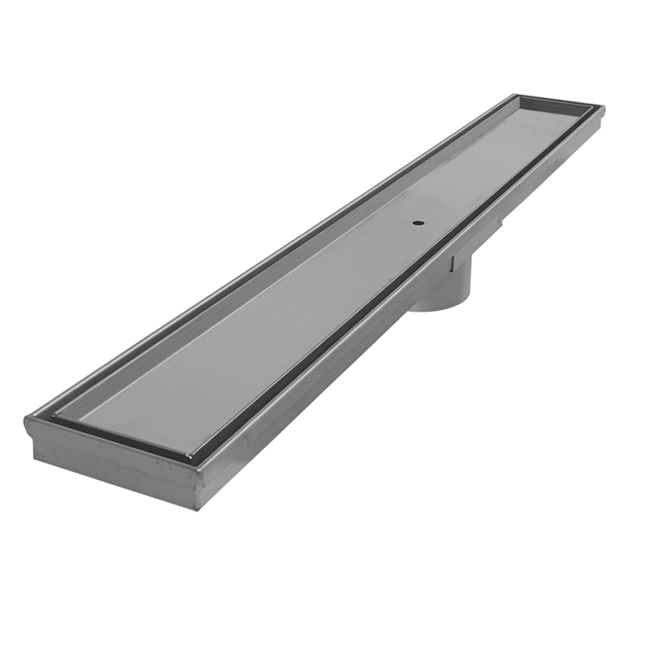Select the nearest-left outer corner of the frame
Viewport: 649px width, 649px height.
(28, 420)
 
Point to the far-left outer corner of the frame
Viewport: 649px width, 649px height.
(517, 96)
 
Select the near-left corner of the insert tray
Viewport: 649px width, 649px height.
(58, 419)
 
